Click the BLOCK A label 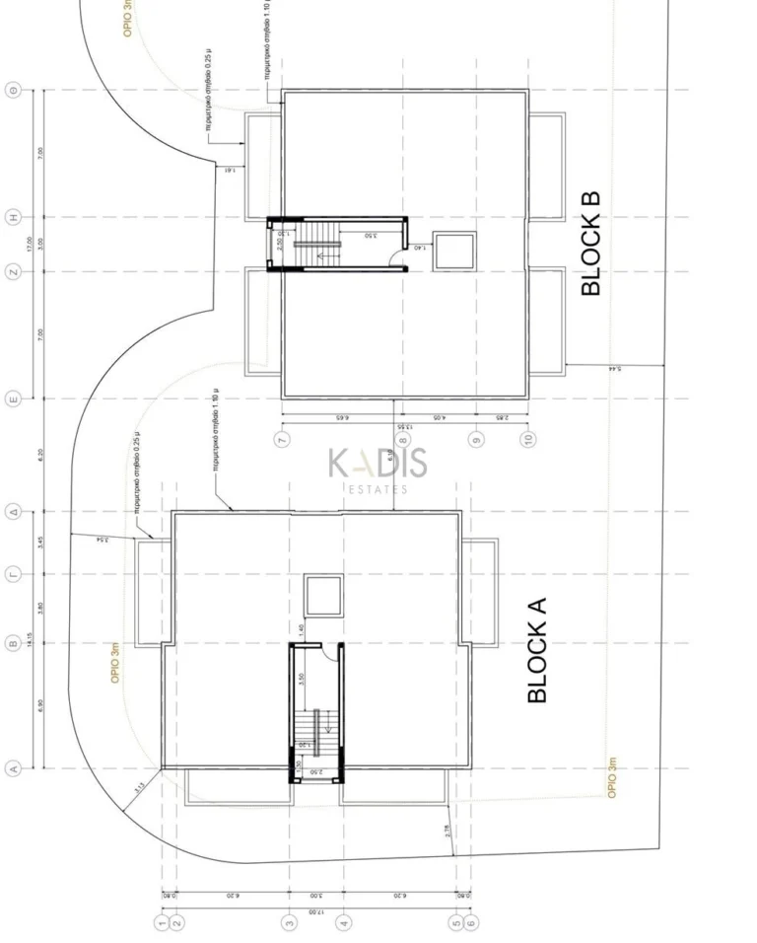(537, 650)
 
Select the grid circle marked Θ (14, 91)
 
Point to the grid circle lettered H (14, 217)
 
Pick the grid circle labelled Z (14, 272)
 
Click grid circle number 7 (283, 439)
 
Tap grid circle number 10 (529, 439)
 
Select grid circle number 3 (290, 922)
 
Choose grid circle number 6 (472, 922)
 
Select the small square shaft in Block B (454, 251)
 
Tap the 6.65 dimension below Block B (337, 418)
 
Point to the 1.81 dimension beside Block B (229, 170)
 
